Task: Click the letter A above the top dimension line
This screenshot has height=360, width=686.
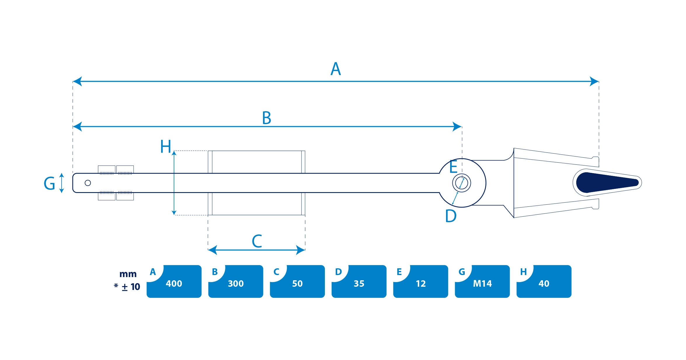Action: (336, 69)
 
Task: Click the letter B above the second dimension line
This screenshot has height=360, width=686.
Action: (267, 118)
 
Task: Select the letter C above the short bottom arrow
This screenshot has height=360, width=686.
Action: (257, 241)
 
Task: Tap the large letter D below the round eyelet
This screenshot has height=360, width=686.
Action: (451, 216)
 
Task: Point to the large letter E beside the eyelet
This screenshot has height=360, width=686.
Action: (453, 167)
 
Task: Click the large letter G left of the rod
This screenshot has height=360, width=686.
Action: (49, 183)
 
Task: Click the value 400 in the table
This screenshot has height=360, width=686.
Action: (174, 284)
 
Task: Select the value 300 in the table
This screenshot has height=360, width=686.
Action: (236, 284)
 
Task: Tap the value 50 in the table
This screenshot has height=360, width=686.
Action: (297, 284)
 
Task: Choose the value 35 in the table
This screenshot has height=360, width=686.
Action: (359, 284)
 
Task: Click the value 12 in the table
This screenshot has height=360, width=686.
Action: (421, 284)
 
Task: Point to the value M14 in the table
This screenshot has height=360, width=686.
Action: (482, 284)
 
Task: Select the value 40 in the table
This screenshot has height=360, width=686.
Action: (544, 284)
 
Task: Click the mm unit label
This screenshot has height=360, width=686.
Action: (128, 274)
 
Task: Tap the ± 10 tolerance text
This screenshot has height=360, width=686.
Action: (131, 287)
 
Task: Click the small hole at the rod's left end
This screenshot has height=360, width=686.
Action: (88, 183)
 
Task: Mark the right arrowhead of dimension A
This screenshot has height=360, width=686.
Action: (594, 81)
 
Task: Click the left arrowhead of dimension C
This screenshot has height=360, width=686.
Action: (213, 250)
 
